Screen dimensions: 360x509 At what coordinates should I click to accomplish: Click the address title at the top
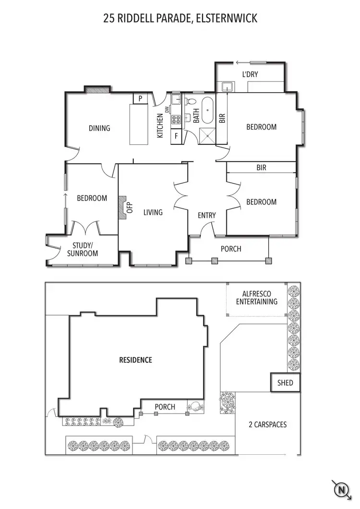180,19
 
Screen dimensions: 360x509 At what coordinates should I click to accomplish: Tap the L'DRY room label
251,75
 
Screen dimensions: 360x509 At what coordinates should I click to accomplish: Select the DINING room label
99,128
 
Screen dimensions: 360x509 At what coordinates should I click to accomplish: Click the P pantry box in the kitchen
140,98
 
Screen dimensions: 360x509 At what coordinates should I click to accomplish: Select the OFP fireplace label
129,208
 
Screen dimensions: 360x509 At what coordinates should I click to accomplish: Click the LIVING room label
153,212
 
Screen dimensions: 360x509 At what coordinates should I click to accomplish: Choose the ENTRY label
207,215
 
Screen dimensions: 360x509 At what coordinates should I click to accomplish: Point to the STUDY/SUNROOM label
83,249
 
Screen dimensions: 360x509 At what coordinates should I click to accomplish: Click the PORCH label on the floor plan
231,249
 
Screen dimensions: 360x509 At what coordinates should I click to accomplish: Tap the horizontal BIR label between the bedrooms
261,168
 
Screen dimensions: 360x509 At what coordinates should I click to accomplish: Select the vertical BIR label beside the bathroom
222,118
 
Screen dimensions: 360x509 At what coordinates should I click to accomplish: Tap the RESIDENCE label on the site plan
135,360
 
